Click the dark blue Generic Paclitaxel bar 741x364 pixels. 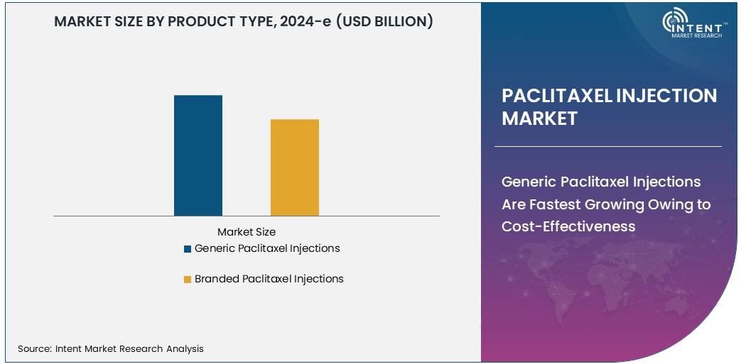pos(198,155)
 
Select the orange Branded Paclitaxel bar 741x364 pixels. pos(294,167)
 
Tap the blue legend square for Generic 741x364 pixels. pos(188,249)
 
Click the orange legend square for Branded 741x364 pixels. pos(188,280)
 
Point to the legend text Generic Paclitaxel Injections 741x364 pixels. pos(267,248)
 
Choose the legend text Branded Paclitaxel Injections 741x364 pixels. pos(269,279)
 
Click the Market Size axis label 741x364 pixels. pos(246,232)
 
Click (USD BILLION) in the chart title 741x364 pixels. pos(384,21)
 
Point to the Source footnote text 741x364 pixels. pos(111,348)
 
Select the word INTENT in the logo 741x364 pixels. pos(703,26)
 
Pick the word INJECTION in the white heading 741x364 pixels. pos(665,96)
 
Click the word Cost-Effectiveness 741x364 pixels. pos(568,226)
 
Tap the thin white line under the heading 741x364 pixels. pos(607,146)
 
